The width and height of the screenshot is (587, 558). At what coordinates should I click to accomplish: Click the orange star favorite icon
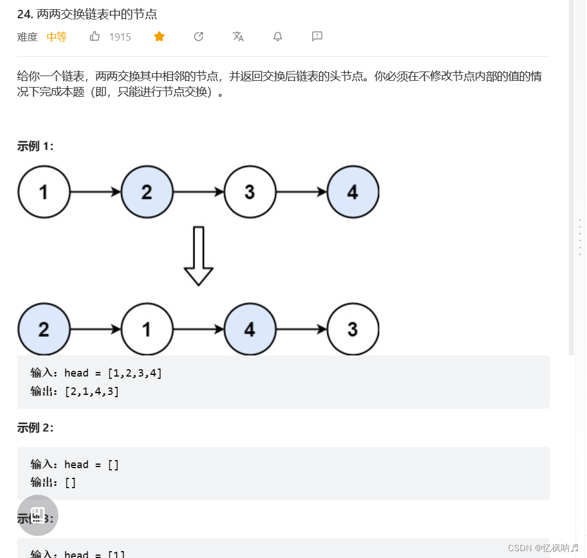point(159,37)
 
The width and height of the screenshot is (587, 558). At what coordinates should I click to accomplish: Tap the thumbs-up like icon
point(95,37)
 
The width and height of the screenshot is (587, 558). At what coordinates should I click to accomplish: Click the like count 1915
point(120,37)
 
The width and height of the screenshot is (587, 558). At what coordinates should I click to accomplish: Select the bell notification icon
point(277,37)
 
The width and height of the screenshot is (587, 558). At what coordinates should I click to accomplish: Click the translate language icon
point(238,37)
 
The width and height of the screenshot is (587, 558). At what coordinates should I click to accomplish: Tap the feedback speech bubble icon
point(317,37)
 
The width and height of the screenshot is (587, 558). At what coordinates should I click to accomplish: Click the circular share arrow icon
point(199,37)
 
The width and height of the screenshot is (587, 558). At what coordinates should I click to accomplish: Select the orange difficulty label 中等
point(57,37)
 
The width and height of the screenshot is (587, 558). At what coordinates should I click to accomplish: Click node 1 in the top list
point(44,192)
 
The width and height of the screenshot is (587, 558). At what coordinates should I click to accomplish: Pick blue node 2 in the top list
point(147,192)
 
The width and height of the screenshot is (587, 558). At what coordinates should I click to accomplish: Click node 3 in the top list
point(250,192)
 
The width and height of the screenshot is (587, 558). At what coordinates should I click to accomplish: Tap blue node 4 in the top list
point(353,192)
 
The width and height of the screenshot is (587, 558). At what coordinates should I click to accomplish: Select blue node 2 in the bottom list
point(44,329)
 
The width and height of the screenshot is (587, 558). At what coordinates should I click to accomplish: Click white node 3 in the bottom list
point(353,329)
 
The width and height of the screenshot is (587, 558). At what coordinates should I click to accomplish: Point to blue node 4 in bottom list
point(250,329)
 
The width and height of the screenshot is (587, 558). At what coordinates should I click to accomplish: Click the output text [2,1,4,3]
point(92,391)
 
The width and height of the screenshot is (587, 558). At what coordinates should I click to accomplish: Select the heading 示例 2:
point(35,428)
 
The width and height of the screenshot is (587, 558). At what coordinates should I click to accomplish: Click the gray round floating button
point(38,515)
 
